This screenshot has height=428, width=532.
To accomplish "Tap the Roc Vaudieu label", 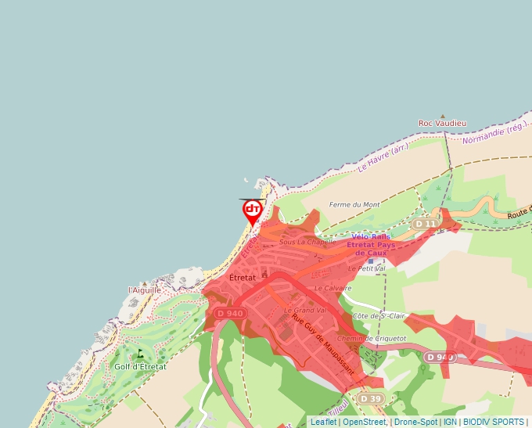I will click(442, 123).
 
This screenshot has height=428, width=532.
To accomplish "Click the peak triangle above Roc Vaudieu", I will click(442, 115).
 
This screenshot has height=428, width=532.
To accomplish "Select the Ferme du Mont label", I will click(354, 205).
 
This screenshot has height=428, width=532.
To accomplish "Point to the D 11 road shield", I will click(426, 224).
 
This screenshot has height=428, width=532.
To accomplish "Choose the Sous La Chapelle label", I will click(307, 242).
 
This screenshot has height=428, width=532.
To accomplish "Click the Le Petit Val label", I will click(367, 268).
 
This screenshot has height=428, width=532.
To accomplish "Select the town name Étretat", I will click(243, 278).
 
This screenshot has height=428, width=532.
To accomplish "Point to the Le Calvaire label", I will click(329, 288).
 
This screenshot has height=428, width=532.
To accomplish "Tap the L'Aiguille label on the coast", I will click(145, 290).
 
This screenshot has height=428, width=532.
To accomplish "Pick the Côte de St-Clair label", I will click(379, 315).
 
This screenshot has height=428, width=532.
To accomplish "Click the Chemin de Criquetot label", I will click(372, 338).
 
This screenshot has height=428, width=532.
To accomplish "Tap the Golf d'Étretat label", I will click(140, 366).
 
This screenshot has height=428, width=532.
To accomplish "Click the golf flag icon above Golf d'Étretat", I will click(140, 354).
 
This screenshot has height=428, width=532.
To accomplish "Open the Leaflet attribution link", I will click(323, 422).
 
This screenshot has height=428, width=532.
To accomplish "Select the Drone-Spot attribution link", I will click(416, 422).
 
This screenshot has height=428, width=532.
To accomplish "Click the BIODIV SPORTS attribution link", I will click(493, 422).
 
